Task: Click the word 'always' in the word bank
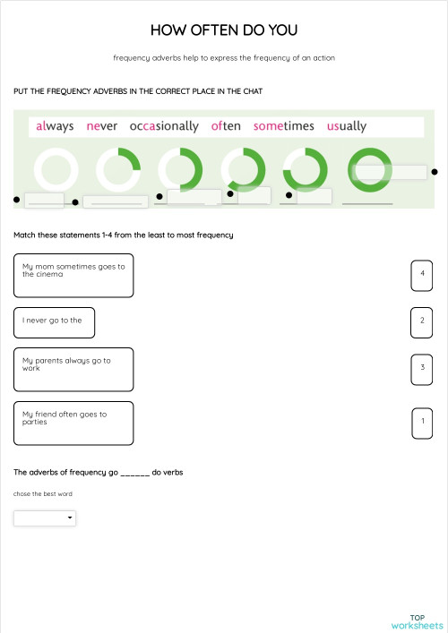(56, 126)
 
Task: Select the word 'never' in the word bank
(102, 126)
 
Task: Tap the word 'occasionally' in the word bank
(164, 126)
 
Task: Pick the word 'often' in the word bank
(226, 126)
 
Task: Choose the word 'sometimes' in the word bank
(284, 126)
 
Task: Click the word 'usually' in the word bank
(347, 126)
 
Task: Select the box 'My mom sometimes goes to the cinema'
(73, 275)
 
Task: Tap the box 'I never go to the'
(55, 322)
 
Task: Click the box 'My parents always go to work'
(73, 369)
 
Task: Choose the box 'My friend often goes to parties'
(73, 423)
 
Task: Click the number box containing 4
(422, 275)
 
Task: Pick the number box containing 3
(422, 368)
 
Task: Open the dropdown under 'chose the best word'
(45, 518)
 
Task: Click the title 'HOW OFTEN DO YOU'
(224, 31)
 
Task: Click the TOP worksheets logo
(418, 621)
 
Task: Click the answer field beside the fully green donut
(395, 172)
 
